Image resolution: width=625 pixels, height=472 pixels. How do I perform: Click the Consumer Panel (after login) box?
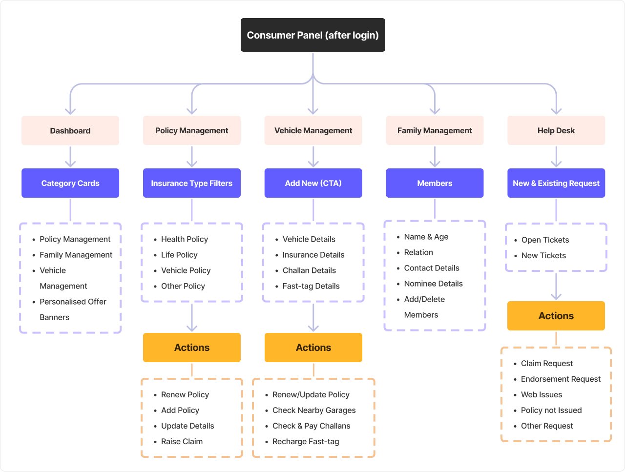pyautogui.click(x=312, y=35)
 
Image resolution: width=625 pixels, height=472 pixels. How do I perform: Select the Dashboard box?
pyautogui.click(x=70, y=131)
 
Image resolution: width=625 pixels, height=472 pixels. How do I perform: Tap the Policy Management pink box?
pyautogui.click(x=191, y=131)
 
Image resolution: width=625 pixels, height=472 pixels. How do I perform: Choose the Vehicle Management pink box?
pyautogui.click(x=313, y=131)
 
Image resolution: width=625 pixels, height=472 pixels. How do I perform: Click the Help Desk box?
pyautogui.click(x=556, y=131)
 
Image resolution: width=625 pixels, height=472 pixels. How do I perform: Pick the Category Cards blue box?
pyautogui.click(x=70, y=183)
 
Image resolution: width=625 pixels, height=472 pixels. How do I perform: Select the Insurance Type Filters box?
pyautogui.click(x=191, y=183)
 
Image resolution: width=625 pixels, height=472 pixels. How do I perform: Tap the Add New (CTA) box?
pyautogui.click(x=313, y=183)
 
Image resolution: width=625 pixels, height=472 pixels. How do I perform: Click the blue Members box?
pyautogui.click(x=435, y=183)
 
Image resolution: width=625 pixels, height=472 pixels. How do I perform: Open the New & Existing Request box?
pyautogui.click(x=556, y=183)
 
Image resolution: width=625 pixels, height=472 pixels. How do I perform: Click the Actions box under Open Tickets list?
pyautogui.click(x=556, y=316)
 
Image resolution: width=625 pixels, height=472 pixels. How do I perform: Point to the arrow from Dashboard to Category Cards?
pyautogui.click(x=70, y=157)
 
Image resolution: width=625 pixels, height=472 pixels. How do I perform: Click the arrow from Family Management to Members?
pyautogui.click(x=435, y=157)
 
